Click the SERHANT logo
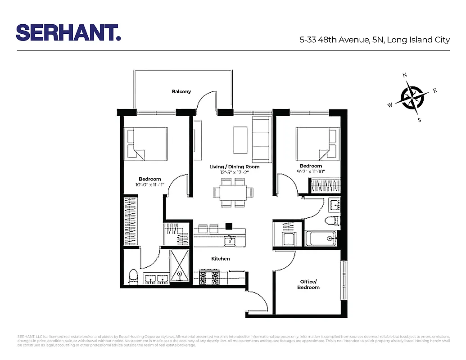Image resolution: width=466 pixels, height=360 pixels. tap(68, 32)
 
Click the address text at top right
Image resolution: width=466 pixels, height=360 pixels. tap(375, 40)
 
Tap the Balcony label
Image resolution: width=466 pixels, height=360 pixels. tap(181, 91)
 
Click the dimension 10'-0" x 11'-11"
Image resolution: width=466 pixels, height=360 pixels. tap(149, 184)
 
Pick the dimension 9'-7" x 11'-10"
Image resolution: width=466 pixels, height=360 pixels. tap(311, 171)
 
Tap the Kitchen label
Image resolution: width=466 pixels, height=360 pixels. tap(221, 259)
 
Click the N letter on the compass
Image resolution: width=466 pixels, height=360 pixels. tap(405, 75)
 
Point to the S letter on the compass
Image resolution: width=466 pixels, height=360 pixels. tap(420, 120)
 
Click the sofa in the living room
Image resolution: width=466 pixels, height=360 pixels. tap(261, 139)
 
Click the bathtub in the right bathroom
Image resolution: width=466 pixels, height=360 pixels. tap(321, 238)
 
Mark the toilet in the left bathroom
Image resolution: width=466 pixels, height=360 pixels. tap(133, 276)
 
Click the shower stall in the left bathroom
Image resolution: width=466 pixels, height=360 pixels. tap(180, 267)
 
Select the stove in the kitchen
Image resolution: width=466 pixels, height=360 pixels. tap(209, 276)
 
